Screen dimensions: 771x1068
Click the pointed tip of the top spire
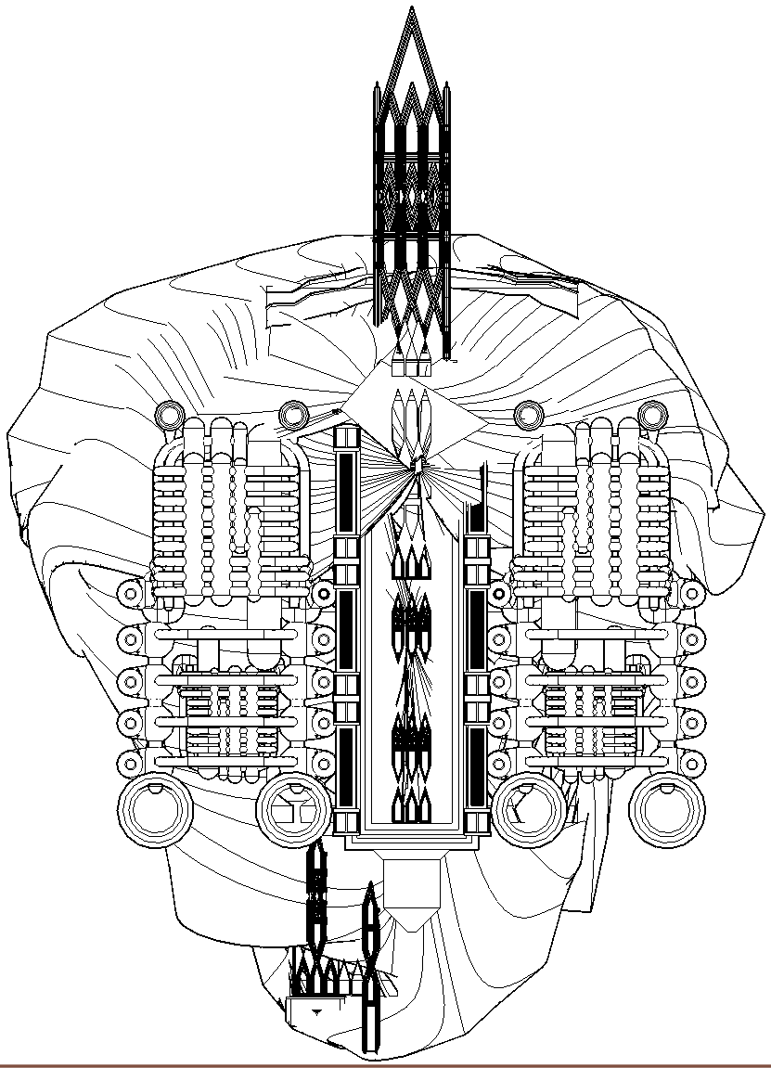pyautogui.click(x=411, y=7)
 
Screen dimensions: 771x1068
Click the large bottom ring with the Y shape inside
pyautogui.click(x=292, y=808)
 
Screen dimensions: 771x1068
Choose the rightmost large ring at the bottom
pyautogui.click(x=665, y=808)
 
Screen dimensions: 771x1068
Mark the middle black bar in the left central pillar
pyautogui.click(x=345, y=628)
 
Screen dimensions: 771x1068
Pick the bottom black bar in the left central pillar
pyautogui.click(x=345, y=766)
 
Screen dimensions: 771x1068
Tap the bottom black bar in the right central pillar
pyautogui.click(x=477, y=766)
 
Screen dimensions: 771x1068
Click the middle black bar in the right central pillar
pyautogui.click(x=477, y=628)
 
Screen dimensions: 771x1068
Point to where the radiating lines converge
pyautogui.click(x=415, y=465)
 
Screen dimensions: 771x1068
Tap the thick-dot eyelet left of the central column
pyautogui.click(x=324, y=593)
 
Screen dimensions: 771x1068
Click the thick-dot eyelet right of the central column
pyautogui.click(x=499, y=593)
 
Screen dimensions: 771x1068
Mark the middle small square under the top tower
pyautogui.click(x=411, y=367)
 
